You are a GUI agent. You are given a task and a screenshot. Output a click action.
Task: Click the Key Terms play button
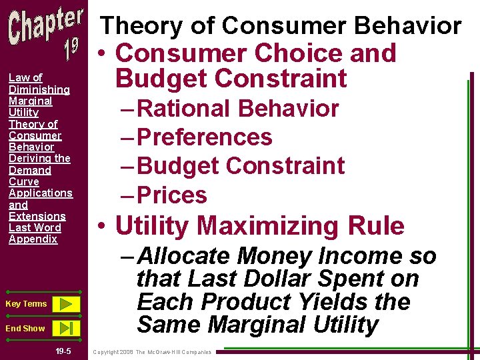[65, 304]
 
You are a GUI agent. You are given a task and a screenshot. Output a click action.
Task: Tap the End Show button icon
[65, 328]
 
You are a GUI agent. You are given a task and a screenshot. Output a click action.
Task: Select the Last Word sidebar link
[35, 227]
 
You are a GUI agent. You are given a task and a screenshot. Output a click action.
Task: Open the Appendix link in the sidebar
[33, 239]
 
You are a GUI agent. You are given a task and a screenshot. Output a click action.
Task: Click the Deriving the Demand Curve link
[39, 170]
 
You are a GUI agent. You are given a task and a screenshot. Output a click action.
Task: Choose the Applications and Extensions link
[40, 204]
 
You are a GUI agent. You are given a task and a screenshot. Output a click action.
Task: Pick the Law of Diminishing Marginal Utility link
[39, 95]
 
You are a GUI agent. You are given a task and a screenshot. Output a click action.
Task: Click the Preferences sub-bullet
[205, 137]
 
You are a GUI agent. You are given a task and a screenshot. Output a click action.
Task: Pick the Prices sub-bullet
[172, 195]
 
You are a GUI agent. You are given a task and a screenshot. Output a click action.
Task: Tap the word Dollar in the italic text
[281, 279]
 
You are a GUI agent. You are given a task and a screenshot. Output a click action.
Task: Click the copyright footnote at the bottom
[152, 351]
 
